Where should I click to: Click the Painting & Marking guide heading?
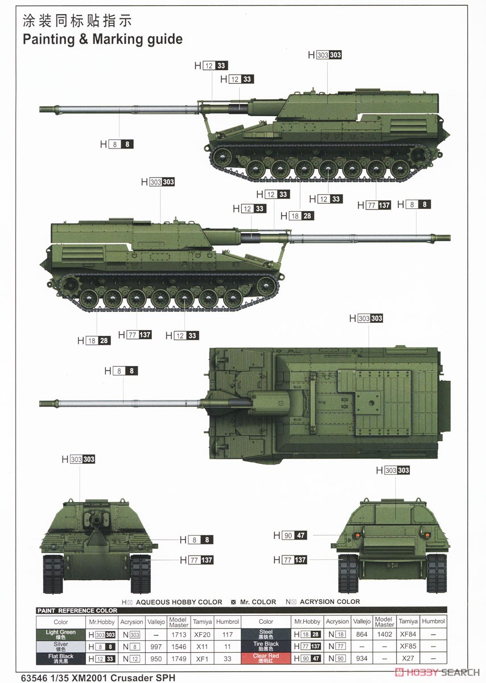tap(102, 39)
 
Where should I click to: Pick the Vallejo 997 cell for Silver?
tap(155, 647)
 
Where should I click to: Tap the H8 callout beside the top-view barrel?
tap(121, 371)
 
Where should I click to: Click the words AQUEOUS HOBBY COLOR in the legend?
tap(179, 602)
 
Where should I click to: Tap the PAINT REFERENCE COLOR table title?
tap(77, 611)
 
